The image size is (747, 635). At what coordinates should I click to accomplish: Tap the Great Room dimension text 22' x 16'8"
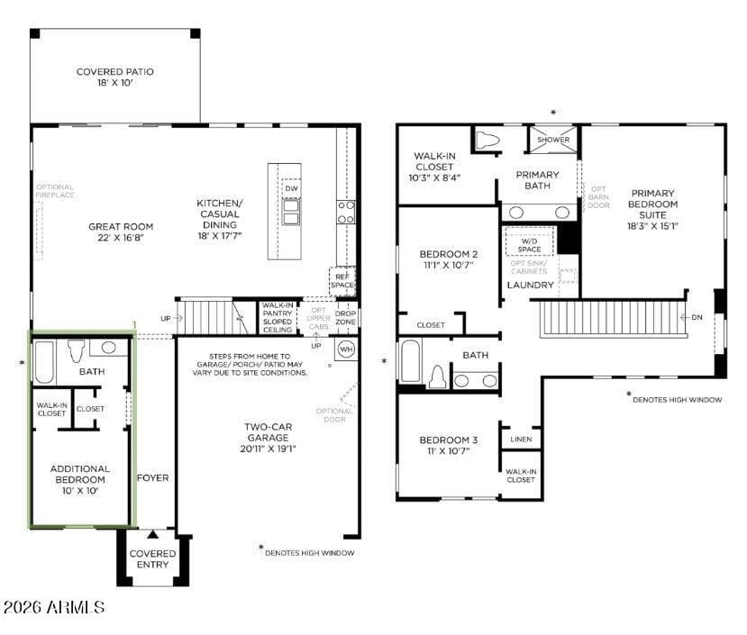tap(120, 238)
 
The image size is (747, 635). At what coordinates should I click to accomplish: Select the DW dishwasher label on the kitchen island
tap(291, 188)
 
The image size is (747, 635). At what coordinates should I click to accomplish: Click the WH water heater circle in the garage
tap(346, 349)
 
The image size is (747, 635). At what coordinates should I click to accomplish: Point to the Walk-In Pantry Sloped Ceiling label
tap(278, 317)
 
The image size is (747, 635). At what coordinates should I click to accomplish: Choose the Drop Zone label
tap(345, 317)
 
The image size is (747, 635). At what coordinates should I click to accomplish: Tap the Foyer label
tap(152, 477)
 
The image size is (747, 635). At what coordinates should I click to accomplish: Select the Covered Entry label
tap(153, 559)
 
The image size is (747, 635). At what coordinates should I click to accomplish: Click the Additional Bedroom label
tap(80, 474)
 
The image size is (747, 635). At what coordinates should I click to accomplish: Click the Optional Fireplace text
tap(55, 191)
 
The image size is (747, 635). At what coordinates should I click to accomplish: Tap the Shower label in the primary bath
tap(553, 141)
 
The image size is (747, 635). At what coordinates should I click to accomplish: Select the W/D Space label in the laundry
tap(530, 244)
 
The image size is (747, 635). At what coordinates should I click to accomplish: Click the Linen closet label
tap(521, 440)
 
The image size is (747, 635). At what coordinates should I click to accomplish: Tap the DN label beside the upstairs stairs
tap(696, 317)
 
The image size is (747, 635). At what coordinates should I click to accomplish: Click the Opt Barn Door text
tap(599, 196)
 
